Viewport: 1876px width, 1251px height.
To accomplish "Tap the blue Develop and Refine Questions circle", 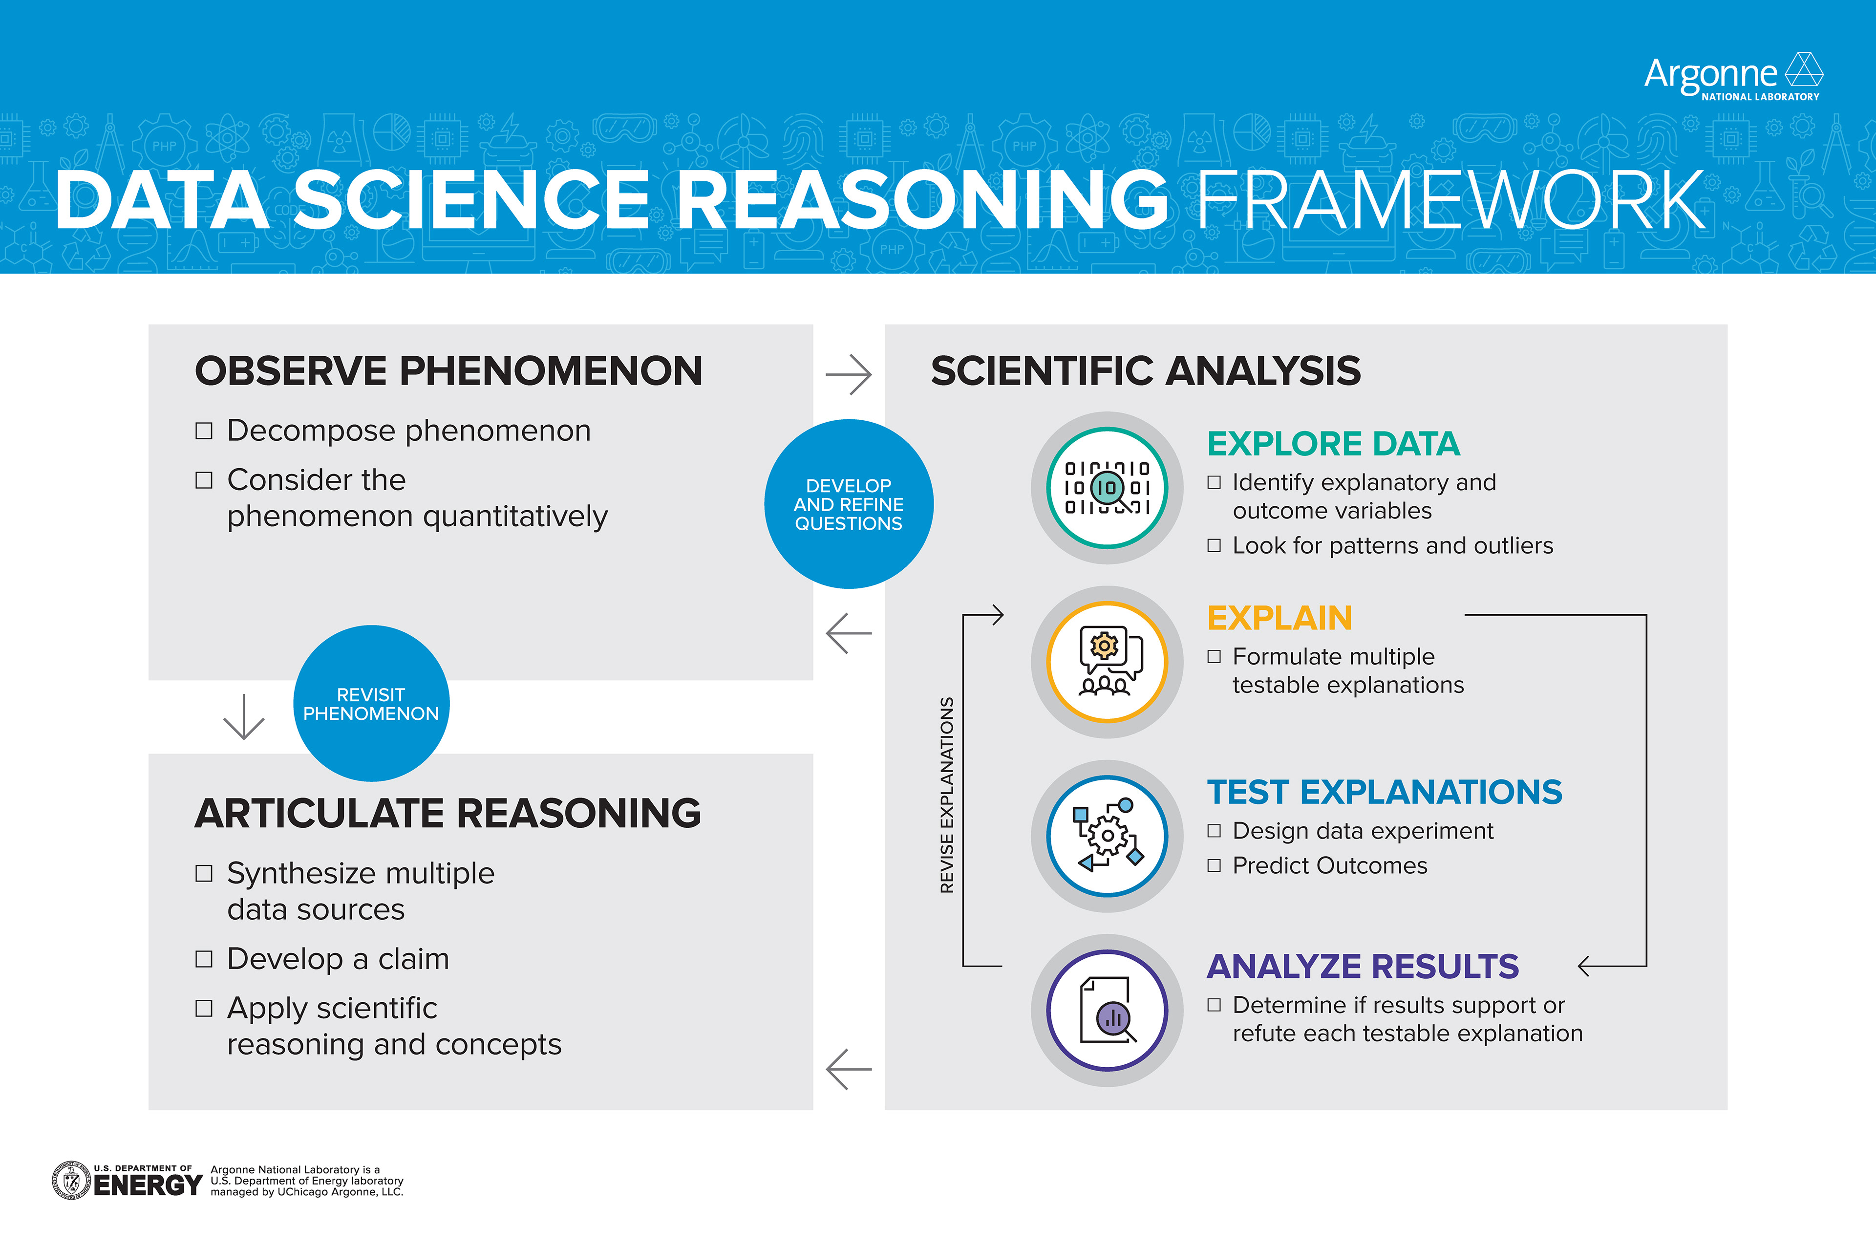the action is click(x=849, y=504).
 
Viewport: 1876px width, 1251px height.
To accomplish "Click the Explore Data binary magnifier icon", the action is click(x=1107, y=488).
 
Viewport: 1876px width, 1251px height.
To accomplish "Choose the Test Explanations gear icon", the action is click(x=1107, y=836).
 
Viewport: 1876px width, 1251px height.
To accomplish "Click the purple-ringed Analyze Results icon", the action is click(x=1107, y=1010).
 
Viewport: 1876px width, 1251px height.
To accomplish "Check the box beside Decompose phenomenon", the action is click(x=204, y=431).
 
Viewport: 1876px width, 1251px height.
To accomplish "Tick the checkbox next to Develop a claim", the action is click(x=204, y=959).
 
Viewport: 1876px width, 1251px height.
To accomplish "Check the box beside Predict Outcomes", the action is click(x=1214, y=865).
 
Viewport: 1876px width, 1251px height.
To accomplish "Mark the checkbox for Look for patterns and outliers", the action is click(x=1214, y=546).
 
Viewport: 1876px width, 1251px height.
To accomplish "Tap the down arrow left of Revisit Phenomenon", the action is click(x=243, y=716).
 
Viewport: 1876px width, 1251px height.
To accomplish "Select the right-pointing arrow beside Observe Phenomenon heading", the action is click(x=849, y=374).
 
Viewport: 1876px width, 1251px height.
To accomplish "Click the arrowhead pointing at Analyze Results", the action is click(x=1586, y=966).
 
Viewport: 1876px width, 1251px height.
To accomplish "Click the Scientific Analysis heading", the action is click(x=1145, y=371).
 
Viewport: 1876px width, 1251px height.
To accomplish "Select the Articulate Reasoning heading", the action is click(x=448, y=814).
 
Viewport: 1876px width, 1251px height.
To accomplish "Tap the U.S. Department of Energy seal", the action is click(x=71, y=1181).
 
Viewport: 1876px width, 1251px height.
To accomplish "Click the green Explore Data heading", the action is click(x=1333, y=444).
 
